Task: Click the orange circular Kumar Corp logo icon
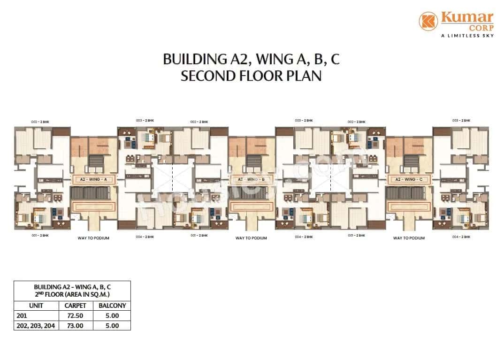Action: click(428, 22)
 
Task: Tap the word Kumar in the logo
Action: click(466, 18)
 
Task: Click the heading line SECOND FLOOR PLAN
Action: click(251, 76)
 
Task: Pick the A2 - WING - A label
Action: click(93, 179)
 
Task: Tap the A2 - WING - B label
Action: click(251, 179)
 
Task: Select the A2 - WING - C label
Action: click(409, 179)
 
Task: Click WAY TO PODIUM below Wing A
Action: click(93, 238)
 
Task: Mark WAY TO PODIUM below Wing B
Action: click(251, 238)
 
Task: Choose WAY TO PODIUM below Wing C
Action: click(409, 238)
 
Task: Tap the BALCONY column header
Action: click(112, 306)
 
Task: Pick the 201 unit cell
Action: click(22, 315)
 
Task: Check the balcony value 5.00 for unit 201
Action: click(112, 315)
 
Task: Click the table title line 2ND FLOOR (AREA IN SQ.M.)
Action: click(72, 294)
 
